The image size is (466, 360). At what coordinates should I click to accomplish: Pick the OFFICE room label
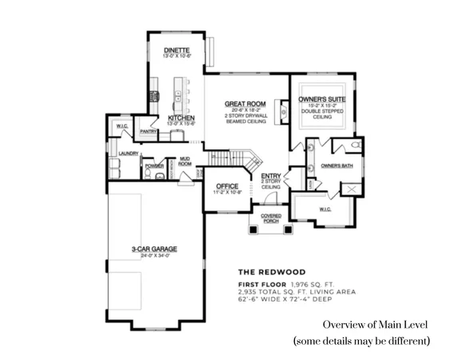(227, 186)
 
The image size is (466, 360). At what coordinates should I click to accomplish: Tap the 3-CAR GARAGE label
(155, 249)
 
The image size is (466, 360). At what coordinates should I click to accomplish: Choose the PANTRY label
(148, 131)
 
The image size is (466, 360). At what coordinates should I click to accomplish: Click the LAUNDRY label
(129, 153)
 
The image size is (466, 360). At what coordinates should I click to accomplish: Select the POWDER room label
(153, 166)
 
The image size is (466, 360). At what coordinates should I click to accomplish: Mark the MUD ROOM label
(185, 161)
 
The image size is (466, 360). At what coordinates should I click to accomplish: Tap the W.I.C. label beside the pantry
(121, 126)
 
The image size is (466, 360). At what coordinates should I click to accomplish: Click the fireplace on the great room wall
(280, 109)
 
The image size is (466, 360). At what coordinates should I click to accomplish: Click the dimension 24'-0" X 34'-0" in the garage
(155, 255)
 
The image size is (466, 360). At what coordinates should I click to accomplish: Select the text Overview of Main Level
(376, 325)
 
